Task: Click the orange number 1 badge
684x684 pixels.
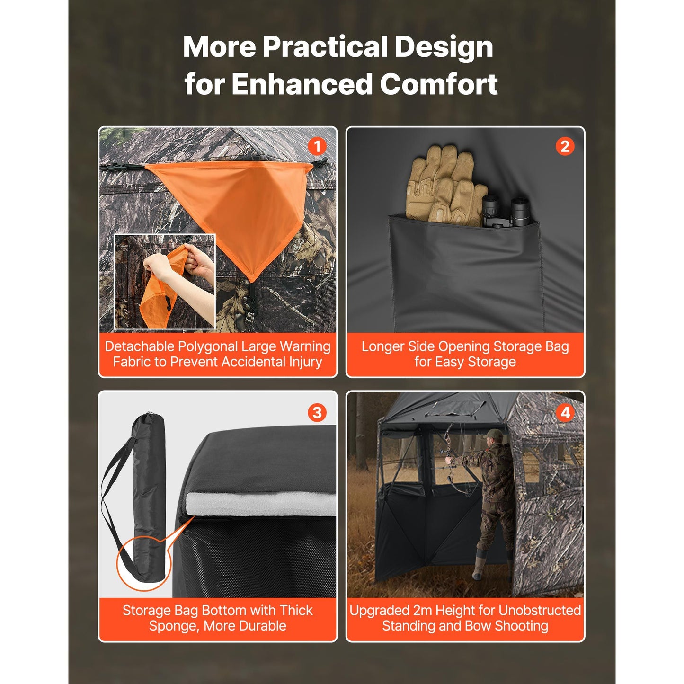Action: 317,147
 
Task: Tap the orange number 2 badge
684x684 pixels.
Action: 565,147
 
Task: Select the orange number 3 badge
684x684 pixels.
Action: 317,413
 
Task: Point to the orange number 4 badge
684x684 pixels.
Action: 565,413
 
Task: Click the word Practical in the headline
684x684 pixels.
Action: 326,47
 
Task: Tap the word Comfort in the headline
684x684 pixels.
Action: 439,84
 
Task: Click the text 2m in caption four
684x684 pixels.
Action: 423,610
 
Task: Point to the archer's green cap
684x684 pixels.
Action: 493,434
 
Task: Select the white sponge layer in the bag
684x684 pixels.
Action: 261,503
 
